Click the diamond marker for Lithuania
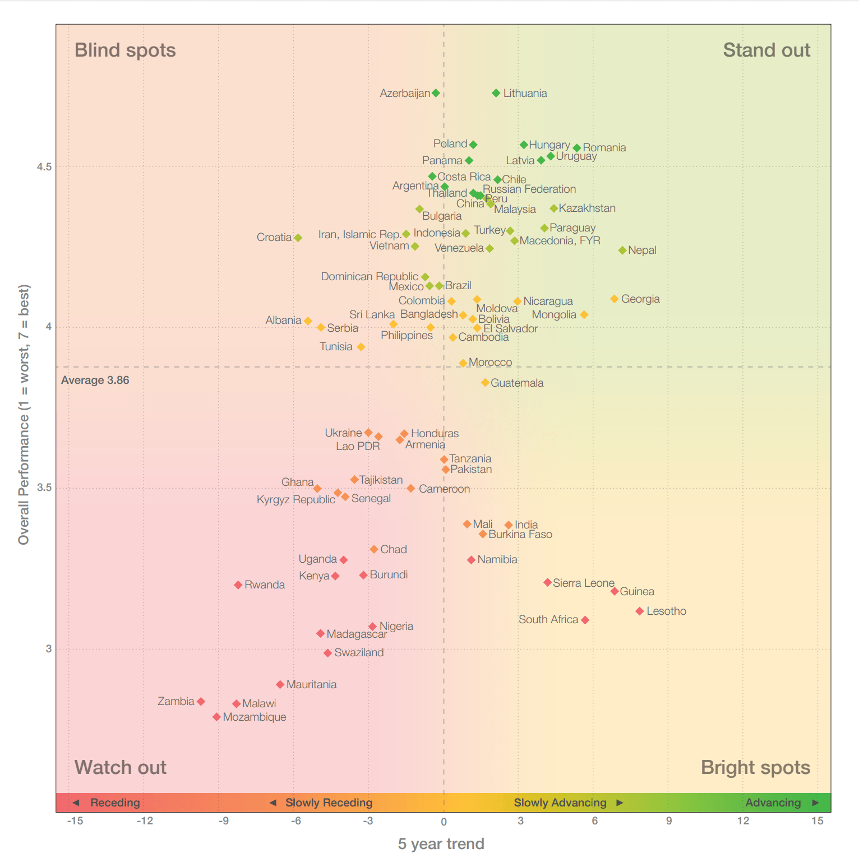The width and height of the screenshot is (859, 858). tap(496, 93)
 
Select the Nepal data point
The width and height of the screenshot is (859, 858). tap(622, 250)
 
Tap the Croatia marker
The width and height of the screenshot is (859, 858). tap(298, 238)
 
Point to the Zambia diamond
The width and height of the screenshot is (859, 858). tap(201, 702)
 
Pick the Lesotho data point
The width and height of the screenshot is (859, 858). tap(640, 611)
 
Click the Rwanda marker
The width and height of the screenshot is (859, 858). tap(238, 585)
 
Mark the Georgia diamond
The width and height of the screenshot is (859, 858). tap(615, 299)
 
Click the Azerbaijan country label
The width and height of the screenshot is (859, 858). tap(404, 93)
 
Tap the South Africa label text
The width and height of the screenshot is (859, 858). tap(548, 619)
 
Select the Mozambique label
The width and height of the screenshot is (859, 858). tap(255, 717)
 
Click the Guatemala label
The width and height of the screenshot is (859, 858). tap(517, 383)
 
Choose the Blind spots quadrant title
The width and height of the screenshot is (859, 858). tap(125, 50)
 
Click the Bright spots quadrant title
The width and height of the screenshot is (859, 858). tap(755, 767)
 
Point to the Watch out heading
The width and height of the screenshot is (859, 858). tap(121, 767)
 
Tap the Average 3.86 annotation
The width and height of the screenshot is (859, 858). tap(95, 381)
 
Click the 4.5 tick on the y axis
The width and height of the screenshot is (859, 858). tap(44, 167)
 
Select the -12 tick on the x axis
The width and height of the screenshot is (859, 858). tap(145, 821)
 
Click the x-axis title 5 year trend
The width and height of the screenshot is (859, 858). tap(441, 844)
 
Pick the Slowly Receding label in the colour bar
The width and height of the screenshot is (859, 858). tap(329, 803)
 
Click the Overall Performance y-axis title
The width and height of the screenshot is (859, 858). tap(24, 415)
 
